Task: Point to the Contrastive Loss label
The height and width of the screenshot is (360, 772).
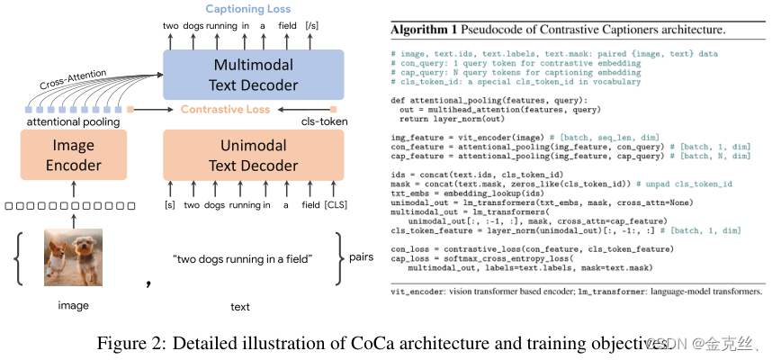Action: click(x=225, y=109)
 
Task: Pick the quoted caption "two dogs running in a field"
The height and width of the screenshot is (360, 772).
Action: click(x=241, y=259)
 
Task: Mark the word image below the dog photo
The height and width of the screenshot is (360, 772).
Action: click(x=74, y=306)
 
